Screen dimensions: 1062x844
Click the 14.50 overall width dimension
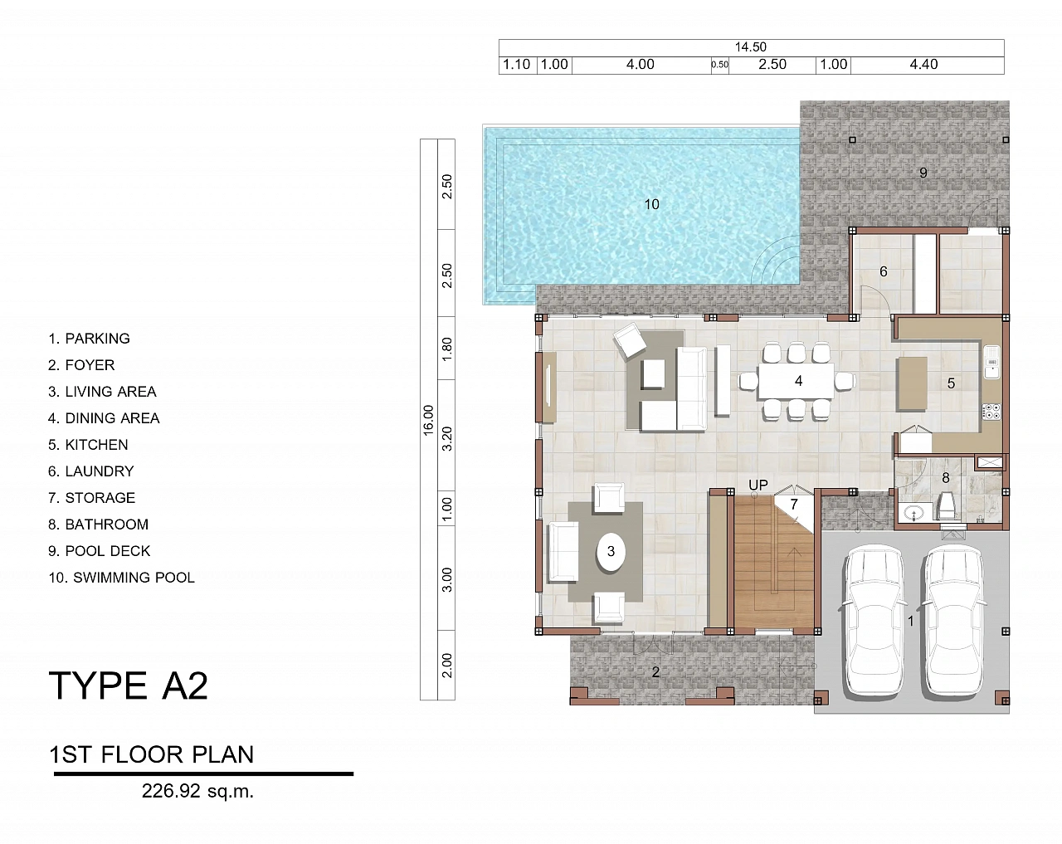click(x=751, y=46)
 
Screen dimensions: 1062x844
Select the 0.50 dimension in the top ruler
click(x=719, y=65)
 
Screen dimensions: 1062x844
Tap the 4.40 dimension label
click(x=923, y=64)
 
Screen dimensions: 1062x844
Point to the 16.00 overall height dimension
click(x=428, y=420)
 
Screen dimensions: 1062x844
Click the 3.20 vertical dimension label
click(x=446, y=439)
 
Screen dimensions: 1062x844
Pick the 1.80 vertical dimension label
click(x=446, y=349)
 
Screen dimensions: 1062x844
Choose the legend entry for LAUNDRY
click(x=90, y=471)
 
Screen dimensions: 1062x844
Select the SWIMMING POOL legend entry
click(x=121, y=578)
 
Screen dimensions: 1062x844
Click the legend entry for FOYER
click(x=81, y=365)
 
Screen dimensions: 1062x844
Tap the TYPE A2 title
click(x=129, y=685)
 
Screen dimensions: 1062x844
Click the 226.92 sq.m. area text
click(x=197, y=791)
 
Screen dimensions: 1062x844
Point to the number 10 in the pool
click(x=651, y=204)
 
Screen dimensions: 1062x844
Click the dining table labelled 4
click(x=796, y=381)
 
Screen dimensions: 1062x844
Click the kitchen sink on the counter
click(x=992, y=362)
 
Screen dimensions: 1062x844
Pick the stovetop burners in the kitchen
click(x=991, y=412)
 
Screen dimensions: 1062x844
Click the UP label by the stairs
click(x=758, y=485)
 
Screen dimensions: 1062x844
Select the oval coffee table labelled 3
click(x=611, y=552)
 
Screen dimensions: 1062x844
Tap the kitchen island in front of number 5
click(x=912, y=383)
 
